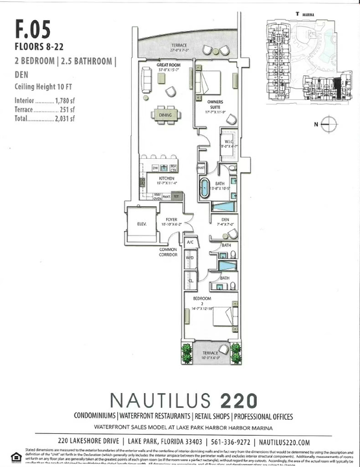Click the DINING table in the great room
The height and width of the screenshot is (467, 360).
click(165, 115)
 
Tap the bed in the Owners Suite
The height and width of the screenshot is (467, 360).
click(210, 83)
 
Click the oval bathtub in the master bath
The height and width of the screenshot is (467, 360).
click(204, 190)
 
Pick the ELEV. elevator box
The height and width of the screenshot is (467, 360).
click(142, 224)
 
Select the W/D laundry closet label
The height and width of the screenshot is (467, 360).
click(190, 258)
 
